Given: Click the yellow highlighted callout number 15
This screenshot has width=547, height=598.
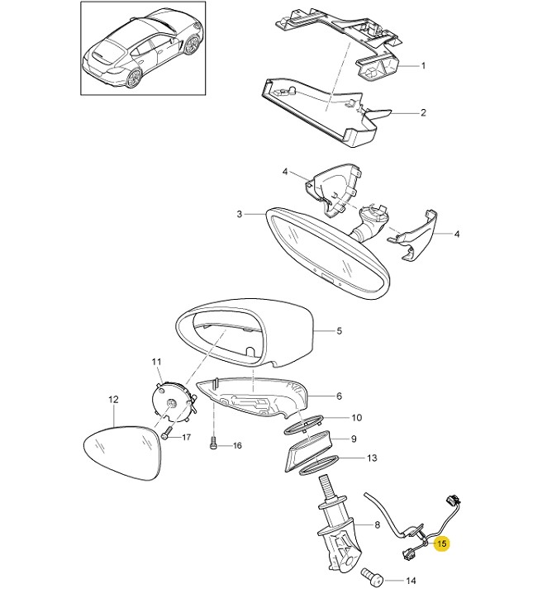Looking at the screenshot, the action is tap(442, 543).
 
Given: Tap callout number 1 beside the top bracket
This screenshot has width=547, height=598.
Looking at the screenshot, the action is tap(423, 66).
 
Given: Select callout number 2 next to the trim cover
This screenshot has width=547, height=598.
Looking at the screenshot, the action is tap(423, 113).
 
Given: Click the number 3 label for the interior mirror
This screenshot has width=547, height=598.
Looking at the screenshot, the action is tap(239, 214).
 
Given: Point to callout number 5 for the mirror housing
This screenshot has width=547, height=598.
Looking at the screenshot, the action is tap(340, 331).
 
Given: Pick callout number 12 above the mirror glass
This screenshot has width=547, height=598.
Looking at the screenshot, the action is tap(113, 400).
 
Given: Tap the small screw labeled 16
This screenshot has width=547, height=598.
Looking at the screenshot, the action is tap(214, 444).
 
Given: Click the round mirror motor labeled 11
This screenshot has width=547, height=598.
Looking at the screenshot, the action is tap(174, 402).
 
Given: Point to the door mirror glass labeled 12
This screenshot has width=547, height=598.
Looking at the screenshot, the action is tap(122, 453).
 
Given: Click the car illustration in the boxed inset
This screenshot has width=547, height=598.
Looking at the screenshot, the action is tap(143, 48).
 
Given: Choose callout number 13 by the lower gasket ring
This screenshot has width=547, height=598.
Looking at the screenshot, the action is tap(372, 458).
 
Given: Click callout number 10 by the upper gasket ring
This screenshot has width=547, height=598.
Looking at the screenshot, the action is tap(356, 418).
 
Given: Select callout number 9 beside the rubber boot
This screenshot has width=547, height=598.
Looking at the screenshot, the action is tap(354, 439).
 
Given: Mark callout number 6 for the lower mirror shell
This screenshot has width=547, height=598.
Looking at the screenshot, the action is tap(339, 396).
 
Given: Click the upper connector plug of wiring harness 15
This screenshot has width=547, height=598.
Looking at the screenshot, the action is tap(453, 501).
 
